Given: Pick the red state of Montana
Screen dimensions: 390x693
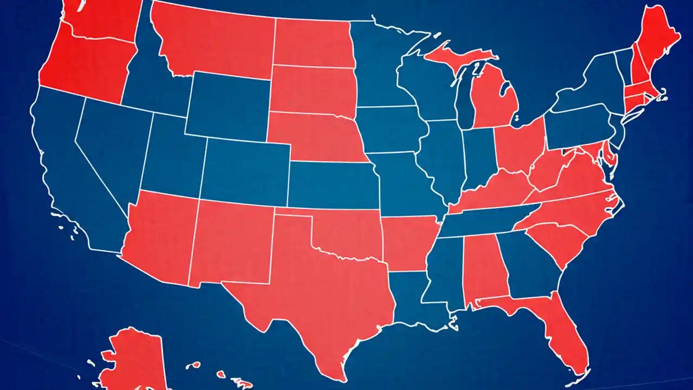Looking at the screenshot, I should coord(211,41).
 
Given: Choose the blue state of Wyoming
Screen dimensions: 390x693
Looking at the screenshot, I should coord(227,106).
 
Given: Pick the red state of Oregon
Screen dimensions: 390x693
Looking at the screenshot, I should coord(81,65).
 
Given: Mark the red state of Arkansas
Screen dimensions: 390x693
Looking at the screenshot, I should coord(409,241).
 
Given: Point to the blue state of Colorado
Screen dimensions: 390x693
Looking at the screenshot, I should coord(244,171).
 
